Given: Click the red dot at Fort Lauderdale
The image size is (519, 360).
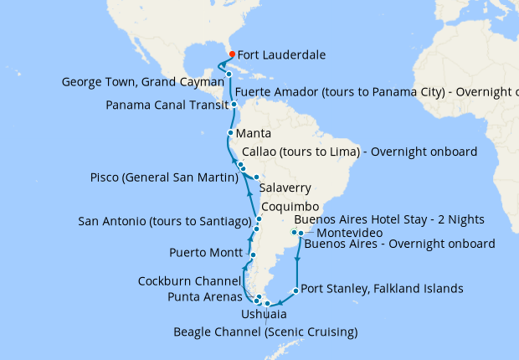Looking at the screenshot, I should pyautogui.click(x=232, y=54).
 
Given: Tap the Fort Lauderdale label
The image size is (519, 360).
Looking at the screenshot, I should pyautogui.click(x=282, y=55).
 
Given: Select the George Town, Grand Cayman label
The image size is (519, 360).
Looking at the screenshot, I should pyautogui.click(x=142, y=82).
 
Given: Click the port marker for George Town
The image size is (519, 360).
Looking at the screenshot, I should pyautogui.click(x=229, y=75).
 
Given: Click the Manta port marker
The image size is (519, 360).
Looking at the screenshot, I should pyautogui.click(x=230, y=133).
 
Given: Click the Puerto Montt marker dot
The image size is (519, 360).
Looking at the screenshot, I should pyautogui.click(x=252, y=254).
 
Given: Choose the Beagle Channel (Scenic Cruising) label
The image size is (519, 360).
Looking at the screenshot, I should pyautogui.click(x=265, y=332).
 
